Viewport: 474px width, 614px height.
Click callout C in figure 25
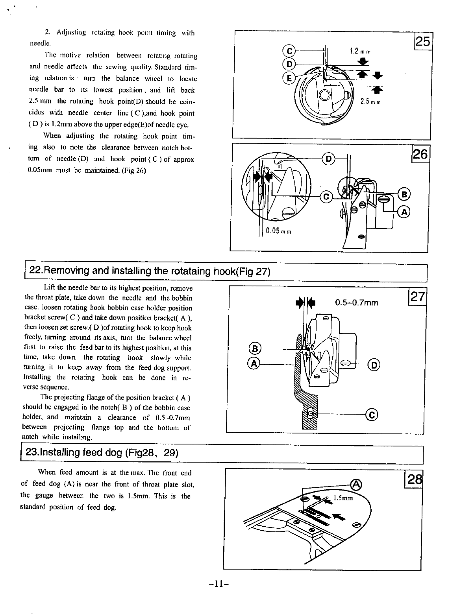pos(289,51)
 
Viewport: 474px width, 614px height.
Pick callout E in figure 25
pos(289,78)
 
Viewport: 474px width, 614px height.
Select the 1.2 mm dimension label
pos(361,51)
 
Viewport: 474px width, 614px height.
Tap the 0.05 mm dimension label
pos(278,231)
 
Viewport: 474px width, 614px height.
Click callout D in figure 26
pos(328,159)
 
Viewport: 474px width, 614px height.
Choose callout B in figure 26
pos(404,194)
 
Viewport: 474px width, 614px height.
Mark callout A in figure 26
pos(404,212)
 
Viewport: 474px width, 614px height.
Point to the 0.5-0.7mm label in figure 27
pos(356,302)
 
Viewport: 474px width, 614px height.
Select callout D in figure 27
pos(374,365)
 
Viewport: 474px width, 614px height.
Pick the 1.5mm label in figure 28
pos(343,498)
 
